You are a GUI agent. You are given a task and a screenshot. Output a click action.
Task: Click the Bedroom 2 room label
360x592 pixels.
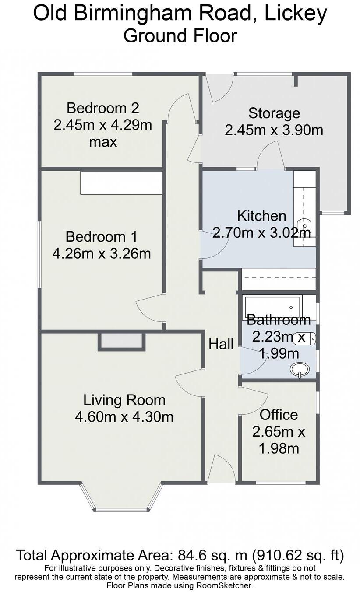[x=102, y=108]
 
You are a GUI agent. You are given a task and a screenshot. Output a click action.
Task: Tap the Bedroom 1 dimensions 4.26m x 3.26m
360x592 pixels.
[x=101, y=253]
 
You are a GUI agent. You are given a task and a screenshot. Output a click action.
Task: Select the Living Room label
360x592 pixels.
[x=124, y=400]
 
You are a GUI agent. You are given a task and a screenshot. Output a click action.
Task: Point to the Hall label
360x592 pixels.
[x=221, y=344]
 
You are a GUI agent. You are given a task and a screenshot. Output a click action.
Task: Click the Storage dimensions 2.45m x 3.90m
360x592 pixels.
[x=274, y=130]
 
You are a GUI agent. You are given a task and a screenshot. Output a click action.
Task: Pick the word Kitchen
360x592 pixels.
[x=261, y=216]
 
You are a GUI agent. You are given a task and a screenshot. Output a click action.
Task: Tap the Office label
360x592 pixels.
[x=279, y=415]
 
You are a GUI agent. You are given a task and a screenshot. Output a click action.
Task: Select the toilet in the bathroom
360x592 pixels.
[x=306, y=338]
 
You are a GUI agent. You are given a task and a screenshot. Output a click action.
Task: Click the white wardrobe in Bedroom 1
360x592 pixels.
[x=121, y=183]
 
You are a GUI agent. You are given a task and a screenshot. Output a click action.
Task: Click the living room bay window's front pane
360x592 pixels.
[x=121, y=509]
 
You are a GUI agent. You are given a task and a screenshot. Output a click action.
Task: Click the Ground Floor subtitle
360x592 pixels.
[x=180, y=35]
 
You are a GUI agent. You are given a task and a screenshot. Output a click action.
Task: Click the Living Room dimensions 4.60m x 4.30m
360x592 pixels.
[x=124, y=416]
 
